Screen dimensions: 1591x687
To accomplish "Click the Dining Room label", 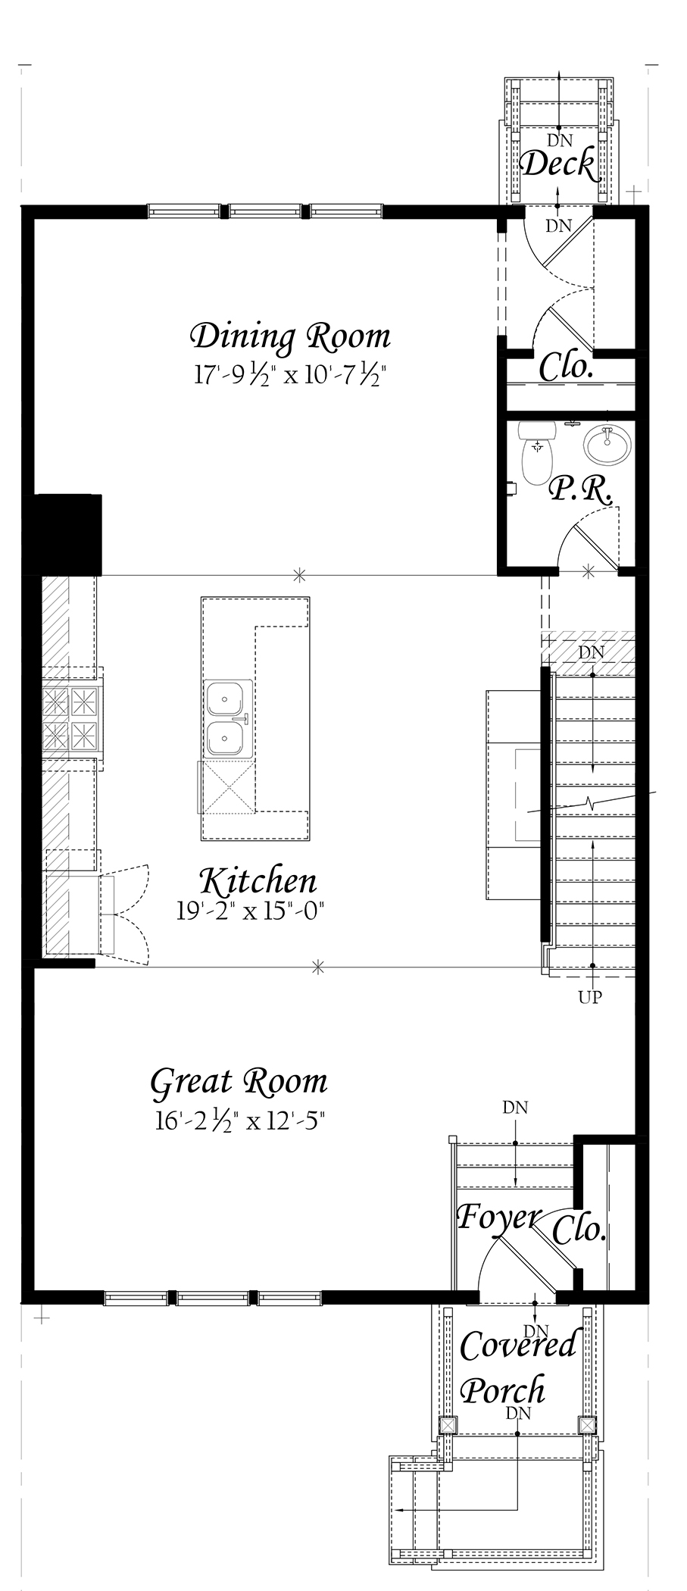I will point(290,336).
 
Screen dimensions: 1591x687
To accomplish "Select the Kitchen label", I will point(258,881).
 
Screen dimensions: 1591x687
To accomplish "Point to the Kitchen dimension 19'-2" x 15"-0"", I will point(251,911).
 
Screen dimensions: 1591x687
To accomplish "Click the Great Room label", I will point(239,1082).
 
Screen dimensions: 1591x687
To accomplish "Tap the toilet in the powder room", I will point(538,452).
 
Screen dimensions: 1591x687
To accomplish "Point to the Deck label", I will point(560,164).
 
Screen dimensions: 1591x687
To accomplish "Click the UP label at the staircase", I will point(590,997).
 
